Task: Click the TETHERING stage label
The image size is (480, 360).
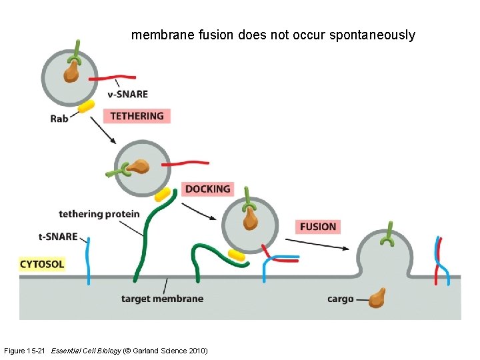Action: pos(137,116)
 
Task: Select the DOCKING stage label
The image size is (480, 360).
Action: pos(208,189)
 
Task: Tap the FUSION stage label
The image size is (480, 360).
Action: pos(318,227)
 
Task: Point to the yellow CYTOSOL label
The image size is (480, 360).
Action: pos(42,264)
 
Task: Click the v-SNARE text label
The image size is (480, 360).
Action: pos(127,94)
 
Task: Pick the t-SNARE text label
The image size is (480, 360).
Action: pos(58,237)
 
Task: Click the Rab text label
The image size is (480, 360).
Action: pos(59,119)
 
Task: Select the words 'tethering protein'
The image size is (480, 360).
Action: pos(99,214)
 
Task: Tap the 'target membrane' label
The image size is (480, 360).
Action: pos(162,299)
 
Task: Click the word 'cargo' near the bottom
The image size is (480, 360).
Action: pos(341,299)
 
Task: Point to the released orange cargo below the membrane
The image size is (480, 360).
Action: pos(377,298)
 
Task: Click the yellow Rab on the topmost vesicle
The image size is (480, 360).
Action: pos(86,106)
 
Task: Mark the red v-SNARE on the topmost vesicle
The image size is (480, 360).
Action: pos(112,78)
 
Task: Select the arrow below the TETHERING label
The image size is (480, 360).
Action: pos(103,130)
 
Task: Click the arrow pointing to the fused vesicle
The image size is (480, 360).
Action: pos(317,244)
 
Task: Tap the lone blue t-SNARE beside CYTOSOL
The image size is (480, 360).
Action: pos(89,261)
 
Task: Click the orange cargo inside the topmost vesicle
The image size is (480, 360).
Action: pos(71,71)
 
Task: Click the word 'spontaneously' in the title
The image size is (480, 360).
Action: pos(372,35)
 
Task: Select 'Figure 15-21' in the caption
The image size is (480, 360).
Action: pos(25,351)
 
